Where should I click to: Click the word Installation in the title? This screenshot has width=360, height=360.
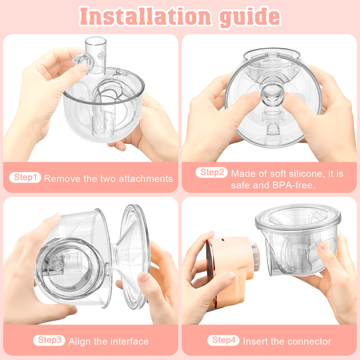(x=145, y=16)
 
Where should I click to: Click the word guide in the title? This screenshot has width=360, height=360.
(x=250, y=17)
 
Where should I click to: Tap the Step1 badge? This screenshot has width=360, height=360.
(x=25, y=177)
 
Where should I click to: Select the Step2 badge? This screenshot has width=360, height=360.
(x=211, y=172)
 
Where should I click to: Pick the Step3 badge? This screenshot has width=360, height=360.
(x=49, y=340)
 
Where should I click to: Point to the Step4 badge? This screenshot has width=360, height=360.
(x=223, y=340)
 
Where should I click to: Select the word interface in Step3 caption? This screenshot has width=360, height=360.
(x=129, y=341)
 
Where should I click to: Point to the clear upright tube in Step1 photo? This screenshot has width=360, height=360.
(x=96, y=56)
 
